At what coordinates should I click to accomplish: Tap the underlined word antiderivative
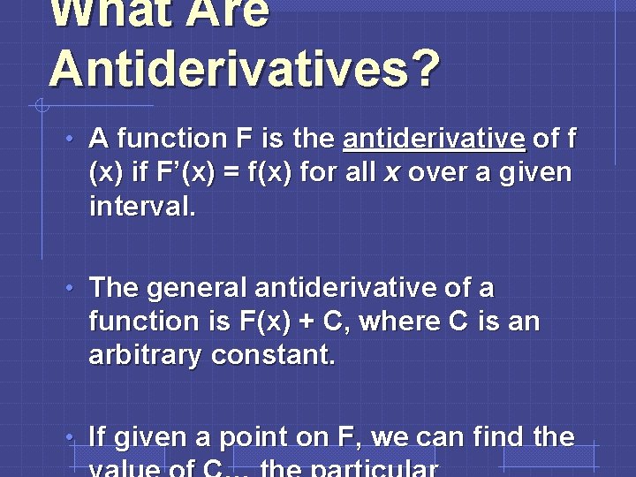click(x=435, y=139)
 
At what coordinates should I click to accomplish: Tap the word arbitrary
click(x=147, y=355)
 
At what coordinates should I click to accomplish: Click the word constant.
click(x=282, y=355)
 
